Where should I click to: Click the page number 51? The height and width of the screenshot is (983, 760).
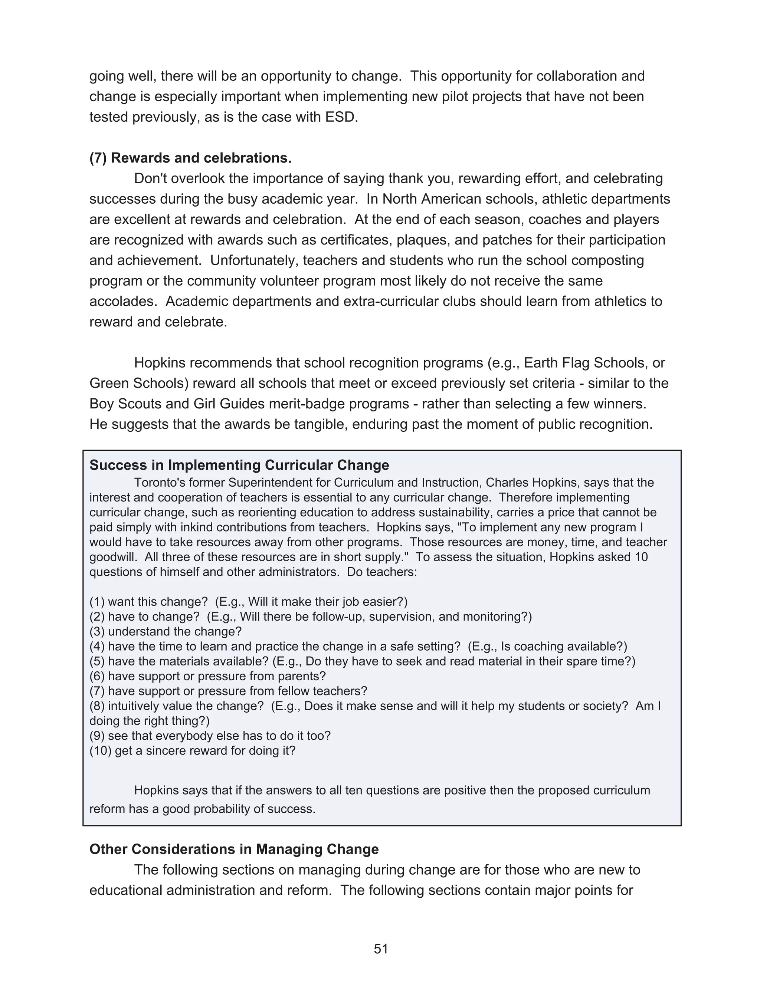pyautogui.click(x=380, y=949)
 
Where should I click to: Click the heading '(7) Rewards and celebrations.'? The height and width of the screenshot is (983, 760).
pyautogui.click(x=190, y=158)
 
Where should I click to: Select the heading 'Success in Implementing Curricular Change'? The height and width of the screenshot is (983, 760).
pyautogui.click(x=239, y=465)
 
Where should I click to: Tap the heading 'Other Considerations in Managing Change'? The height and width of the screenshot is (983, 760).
pyautogui.click(x=234, y=849)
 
